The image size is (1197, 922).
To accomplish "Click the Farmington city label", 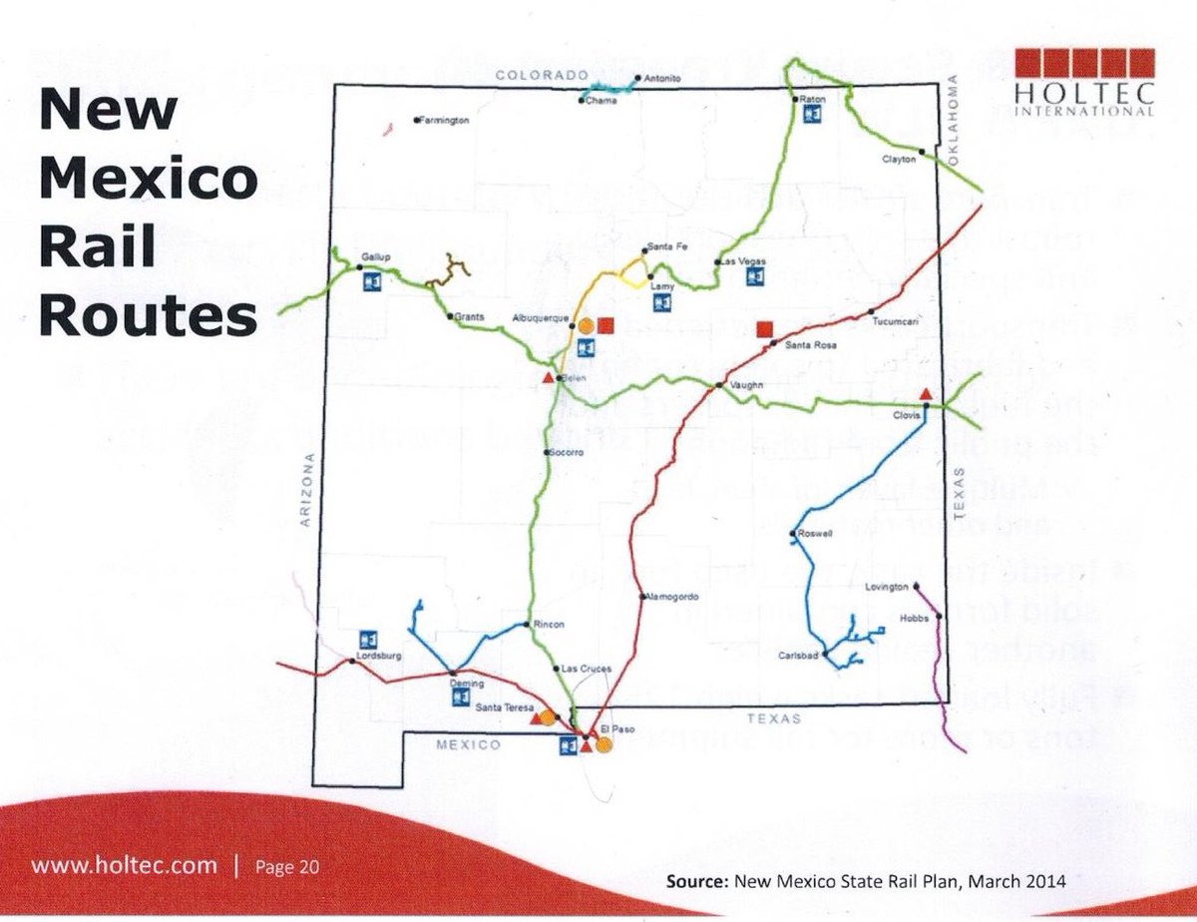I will [x=445, y=121].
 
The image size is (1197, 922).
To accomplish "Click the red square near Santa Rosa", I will [x=765, y=329].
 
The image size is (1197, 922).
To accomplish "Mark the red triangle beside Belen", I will [x=547, y=378].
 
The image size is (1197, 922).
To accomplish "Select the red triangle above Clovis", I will [x=927, y=393].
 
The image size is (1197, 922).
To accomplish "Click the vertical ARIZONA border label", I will [x=308, y=491].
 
